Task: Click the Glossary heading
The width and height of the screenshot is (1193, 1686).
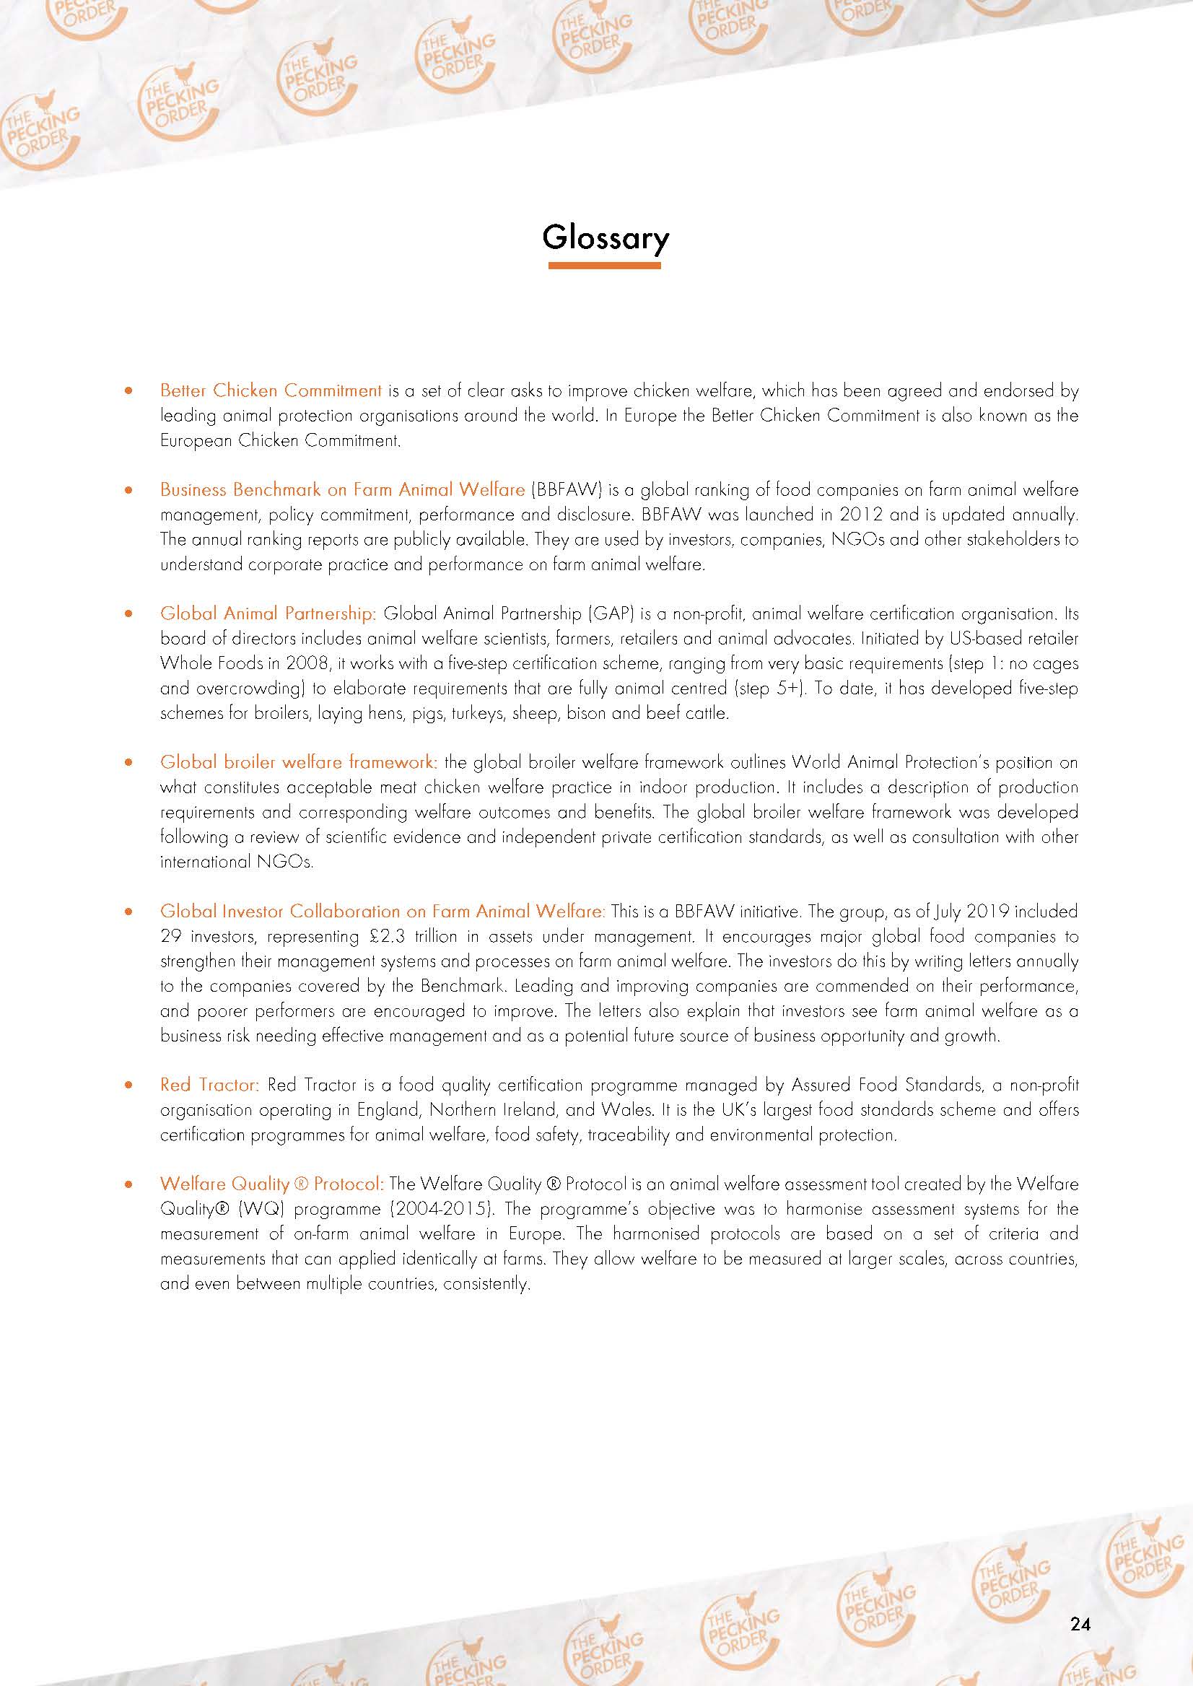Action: coord(606,238)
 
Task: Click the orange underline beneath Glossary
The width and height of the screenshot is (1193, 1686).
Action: coord(604,265)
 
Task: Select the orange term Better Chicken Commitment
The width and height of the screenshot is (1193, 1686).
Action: coord(271,390)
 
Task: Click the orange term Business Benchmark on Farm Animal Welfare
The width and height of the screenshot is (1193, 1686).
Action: coord(342,489)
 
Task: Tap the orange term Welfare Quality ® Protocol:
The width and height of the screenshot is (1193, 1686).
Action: coord(272,1184)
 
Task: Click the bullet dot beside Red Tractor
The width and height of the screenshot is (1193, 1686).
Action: coord(128,1085)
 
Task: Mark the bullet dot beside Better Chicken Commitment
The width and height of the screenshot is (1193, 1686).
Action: coord(128,391)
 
